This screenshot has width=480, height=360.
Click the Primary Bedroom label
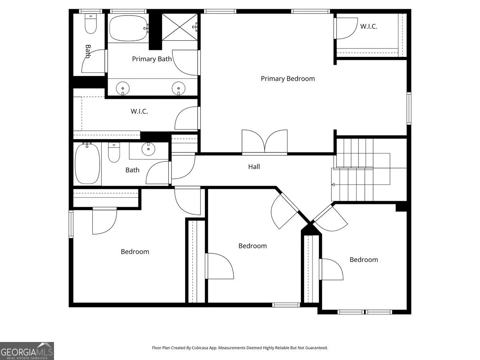tap(288, 79)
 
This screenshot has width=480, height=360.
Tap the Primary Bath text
tap(152, 59)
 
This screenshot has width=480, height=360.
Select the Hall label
tap(254, 167)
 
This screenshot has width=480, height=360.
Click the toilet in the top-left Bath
tap(91, 24)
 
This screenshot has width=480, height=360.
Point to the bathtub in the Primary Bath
tap(128, 28)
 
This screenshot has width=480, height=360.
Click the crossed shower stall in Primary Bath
tap(180, 27)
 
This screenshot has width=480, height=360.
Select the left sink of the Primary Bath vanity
tap(123, 88)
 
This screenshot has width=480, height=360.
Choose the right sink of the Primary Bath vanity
tap(178, 88)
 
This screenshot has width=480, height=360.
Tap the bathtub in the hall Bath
tap(87, 164)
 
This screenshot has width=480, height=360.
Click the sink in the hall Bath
tap(148, 149)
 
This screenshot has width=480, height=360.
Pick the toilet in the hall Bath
tap(114, 152)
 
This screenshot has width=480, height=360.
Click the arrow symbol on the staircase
tap(333, 185)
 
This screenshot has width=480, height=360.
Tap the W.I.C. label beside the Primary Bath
tap(139, 112)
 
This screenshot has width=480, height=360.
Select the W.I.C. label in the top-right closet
tap(369, 26)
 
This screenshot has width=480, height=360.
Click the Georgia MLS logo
tap(27, 351)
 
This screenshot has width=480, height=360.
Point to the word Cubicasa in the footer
tap(200, 348)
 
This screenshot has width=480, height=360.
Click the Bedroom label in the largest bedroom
tap(135, 252)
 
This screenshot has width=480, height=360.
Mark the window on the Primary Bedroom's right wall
tap(409, 108)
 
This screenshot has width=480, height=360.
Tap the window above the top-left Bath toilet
tap(90, 11)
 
